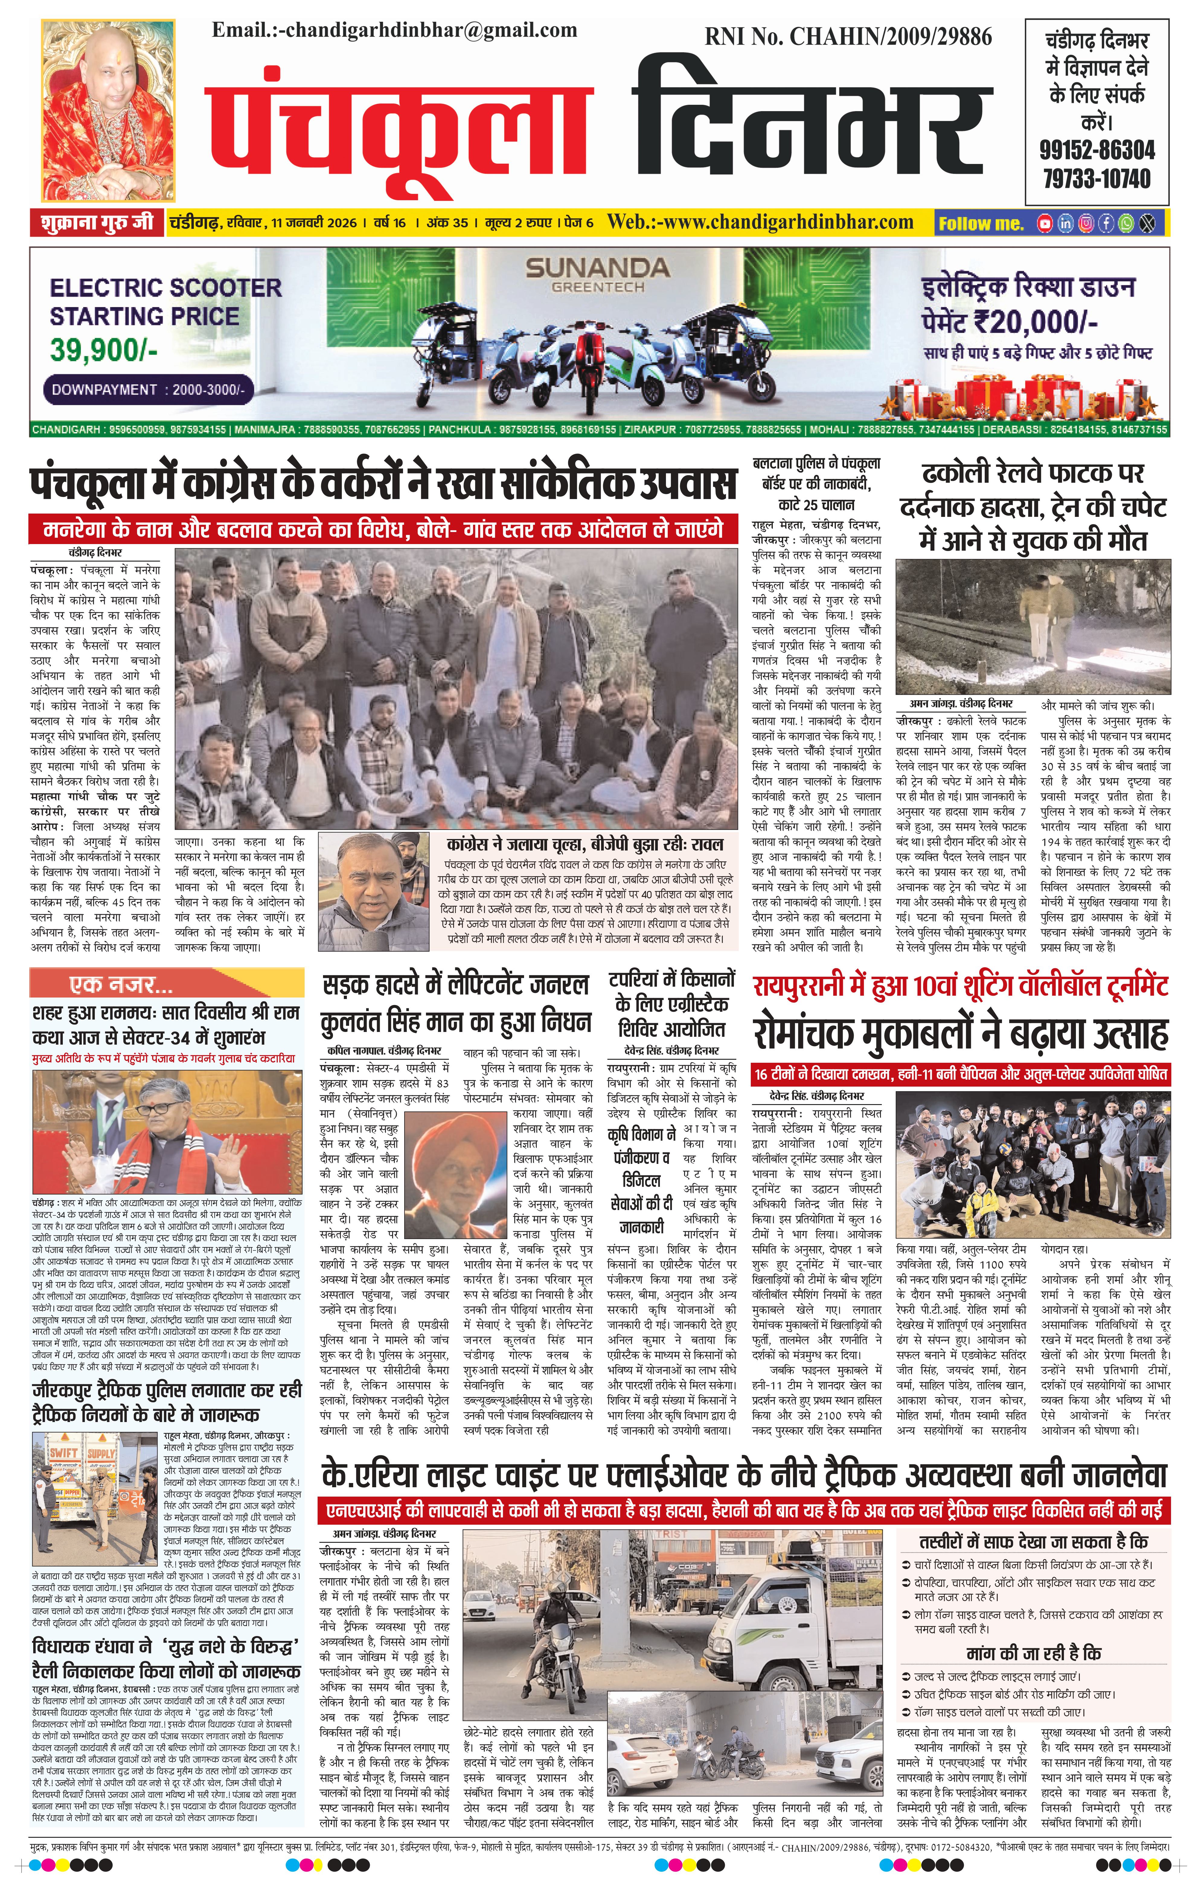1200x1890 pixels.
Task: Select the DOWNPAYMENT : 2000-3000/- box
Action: pos(148,389)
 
